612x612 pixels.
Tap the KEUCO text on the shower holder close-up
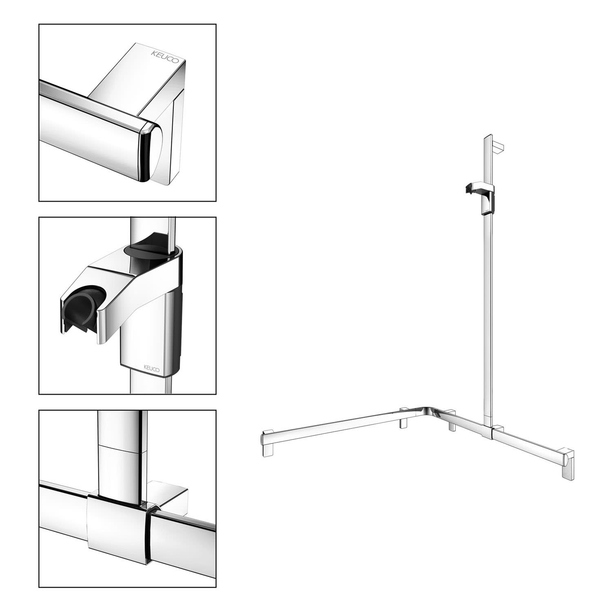point(151,367)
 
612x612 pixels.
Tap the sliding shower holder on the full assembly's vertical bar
point(482,198)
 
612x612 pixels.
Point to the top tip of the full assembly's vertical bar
point(489,136)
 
